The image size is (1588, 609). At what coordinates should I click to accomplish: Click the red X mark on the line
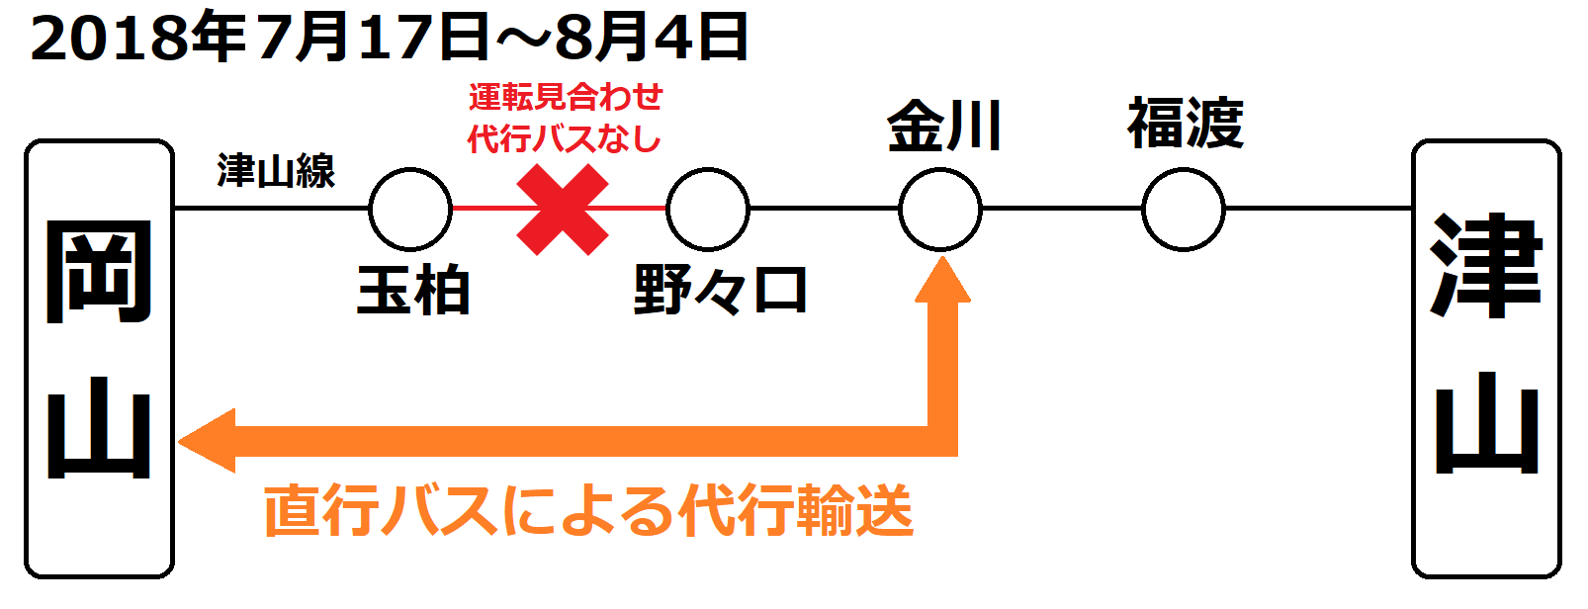click(562, 210)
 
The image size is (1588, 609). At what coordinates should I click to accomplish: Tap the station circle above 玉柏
click(410, 210)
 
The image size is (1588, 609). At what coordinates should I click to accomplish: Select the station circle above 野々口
click(708, 210)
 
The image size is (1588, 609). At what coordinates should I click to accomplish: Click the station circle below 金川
click(940, 210)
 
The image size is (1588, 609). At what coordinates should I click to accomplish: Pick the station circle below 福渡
click(1183, 210)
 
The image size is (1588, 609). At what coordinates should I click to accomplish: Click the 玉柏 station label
click(413, 291)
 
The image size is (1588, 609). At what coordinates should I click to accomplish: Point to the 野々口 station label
click(720, 291)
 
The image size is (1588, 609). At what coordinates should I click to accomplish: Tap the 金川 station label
click(944, 126)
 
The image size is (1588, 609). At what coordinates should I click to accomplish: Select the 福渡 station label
click(1186, 124)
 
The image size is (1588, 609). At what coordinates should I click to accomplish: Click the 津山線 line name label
click(276, 171)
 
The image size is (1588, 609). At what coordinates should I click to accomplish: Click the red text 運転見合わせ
click(566, 97)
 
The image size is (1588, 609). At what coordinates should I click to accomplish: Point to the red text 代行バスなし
click(564, 138)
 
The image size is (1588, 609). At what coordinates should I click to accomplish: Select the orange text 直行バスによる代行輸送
click(588, 511)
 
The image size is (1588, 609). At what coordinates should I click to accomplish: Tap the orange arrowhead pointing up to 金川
click(942, 281)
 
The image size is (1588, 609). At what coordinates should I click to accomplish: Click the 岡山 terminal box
click(99, 358)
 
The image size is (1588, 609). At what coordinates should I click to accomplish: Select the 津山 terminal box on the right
click(1486, 358)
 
